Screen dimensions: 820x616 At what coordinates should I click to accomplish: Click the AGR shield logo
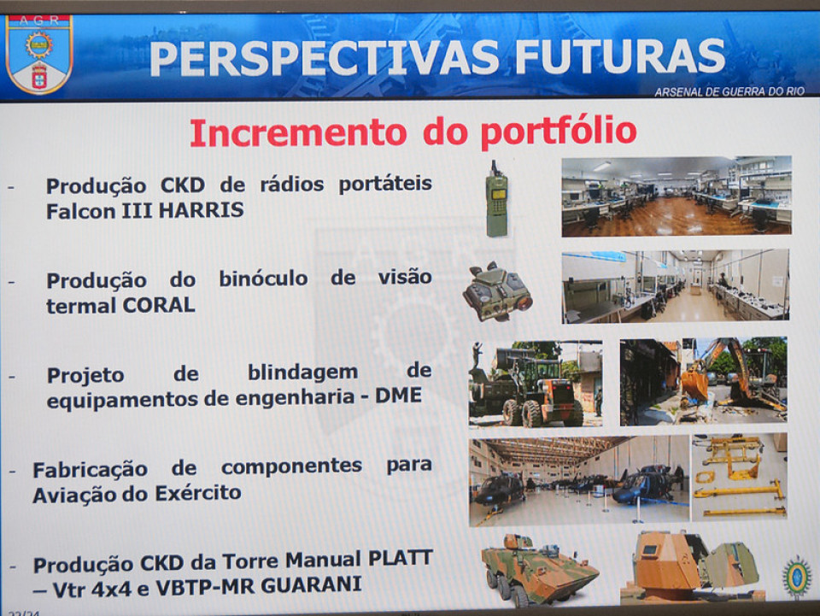[x=39, y=54]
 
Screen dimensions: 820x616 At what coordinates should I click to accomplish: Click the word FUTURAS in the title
[x=620, y=56]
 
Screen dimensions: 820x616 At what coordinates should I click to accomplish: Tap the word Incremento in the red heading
[x=298, y=132]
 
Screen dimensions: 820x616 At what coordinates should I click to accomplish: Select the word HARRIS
[x=202, y=210]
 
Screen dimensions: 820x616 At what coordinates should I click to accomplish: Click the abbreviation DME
[x=399, y=396]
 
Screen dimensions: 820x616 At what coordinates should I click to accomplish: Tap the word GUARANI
[x=311, y=584]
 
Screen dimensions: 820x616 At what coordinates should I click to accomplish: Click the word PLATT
[x=401, y=558]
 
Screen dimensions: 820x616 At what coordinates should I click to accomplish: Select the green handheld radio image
[x=497, y=199]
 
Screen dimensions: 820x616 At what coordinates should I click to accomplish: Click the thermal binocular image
[x=497, y=291]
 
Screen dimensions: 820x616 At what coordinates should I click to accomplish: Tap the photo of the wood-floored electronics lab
[x=676, y=197]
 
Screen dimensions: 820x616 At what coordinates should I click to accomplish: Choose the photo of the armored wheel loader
[x=536, y=384]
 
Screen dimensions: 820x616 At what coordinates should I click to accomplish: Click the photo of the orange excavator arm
[x=703, y=381]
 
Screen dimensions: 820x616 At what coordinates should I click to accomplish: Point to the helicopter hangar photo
[x=579, y=481]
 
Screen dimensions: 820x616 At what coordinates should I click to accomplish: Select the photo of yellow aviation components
[x=739, y=477]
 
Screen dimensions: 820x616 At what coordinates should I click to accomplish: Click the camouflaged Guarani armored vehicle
[x=539, y=569]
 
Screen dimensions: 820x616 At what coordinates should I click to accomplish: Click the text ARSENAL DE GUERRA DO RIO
[x=729, y=91]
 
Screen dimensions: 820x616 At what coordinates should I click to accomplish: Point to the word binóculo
[x=263, y=279]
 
